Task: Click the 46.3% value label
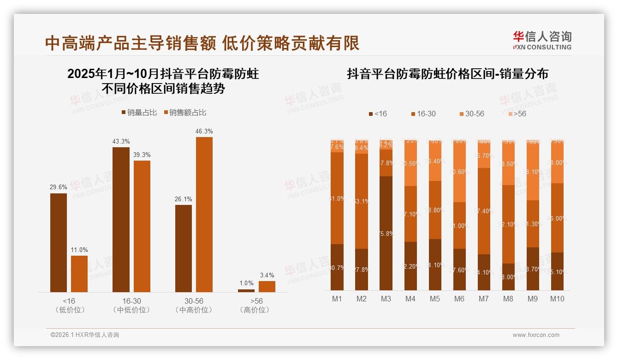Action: [204, 132]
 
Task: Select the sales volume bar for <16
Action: [59, 242]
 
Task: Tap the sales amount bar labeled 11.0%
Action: [79, 274]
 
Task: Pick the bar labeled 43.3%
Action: [121, 219]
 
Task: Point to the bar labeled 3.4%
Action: [267, 287]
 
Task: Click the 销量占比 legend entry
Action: [139, 113]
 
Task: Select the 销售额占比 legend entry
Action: [185, 113]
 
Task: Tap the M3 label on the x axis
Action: [386, 299]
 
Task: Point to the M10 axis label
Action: [557, 299]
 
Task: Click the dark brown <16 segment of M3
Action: [386, 233]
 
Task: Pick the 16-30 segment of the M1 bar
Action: [337, 198]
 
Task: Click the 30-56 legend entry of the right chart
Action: [471, 114]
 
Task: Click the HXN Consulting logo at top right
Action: [542, 40]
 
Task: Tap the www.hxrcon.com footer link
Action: [536, 335]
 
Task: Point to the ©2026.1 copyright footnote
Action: [85, 335]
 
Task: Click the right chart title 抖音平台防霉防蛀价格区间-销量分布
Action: [447, 74]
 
